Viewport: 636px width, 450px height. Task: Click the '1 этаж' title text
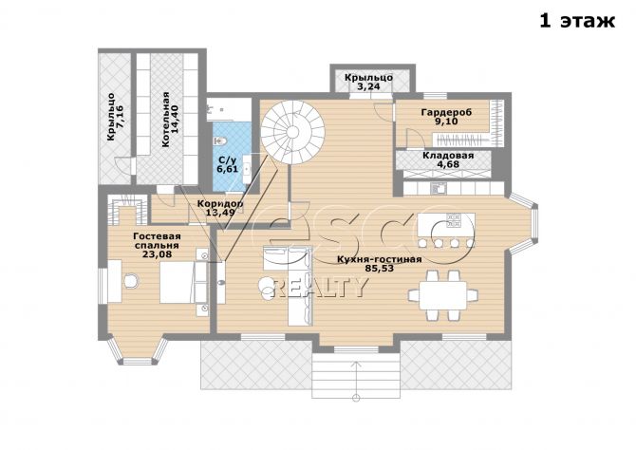(x=577, y=20)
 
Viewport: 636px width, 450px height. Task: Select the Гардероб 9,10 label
(x=446, y=117)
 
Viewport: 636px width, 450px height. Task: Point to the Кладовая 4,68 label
(x=448, y=159)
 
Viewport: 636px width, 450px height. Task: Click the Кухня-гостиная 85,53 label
(x=380, y=264)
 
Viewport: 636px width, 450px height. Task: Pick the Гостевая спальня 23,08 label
(x=157, y=245)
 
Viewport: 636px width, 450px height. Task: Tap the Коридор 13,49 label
(x=220, y=208)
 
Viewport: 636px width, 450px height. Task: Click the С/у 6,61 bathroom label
(x=227, y=164)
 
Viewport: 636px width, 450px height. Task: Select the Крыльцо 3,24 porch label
(x=368, y=81)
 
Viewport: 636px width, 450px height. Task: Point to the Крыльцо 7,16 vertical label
(x=116, y=117)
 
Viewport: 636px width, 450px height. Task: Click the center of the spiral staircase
(x=292, y=131)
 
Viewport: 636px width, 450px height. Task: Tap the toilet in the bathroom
(x=220, y=141)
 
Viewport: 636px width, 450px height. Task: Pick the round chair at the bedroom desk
(x=131, y=281)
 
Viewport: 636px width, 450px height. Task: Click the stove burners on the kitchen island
(x=454, y=220)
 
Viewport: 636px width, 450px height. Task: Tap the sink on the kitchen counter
(x=439, y=188)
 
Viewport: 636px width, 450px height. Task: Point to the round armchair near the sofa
(x=268, y=288)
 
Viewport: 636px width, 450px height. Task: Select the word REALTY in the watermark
(x=319, y=288)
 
